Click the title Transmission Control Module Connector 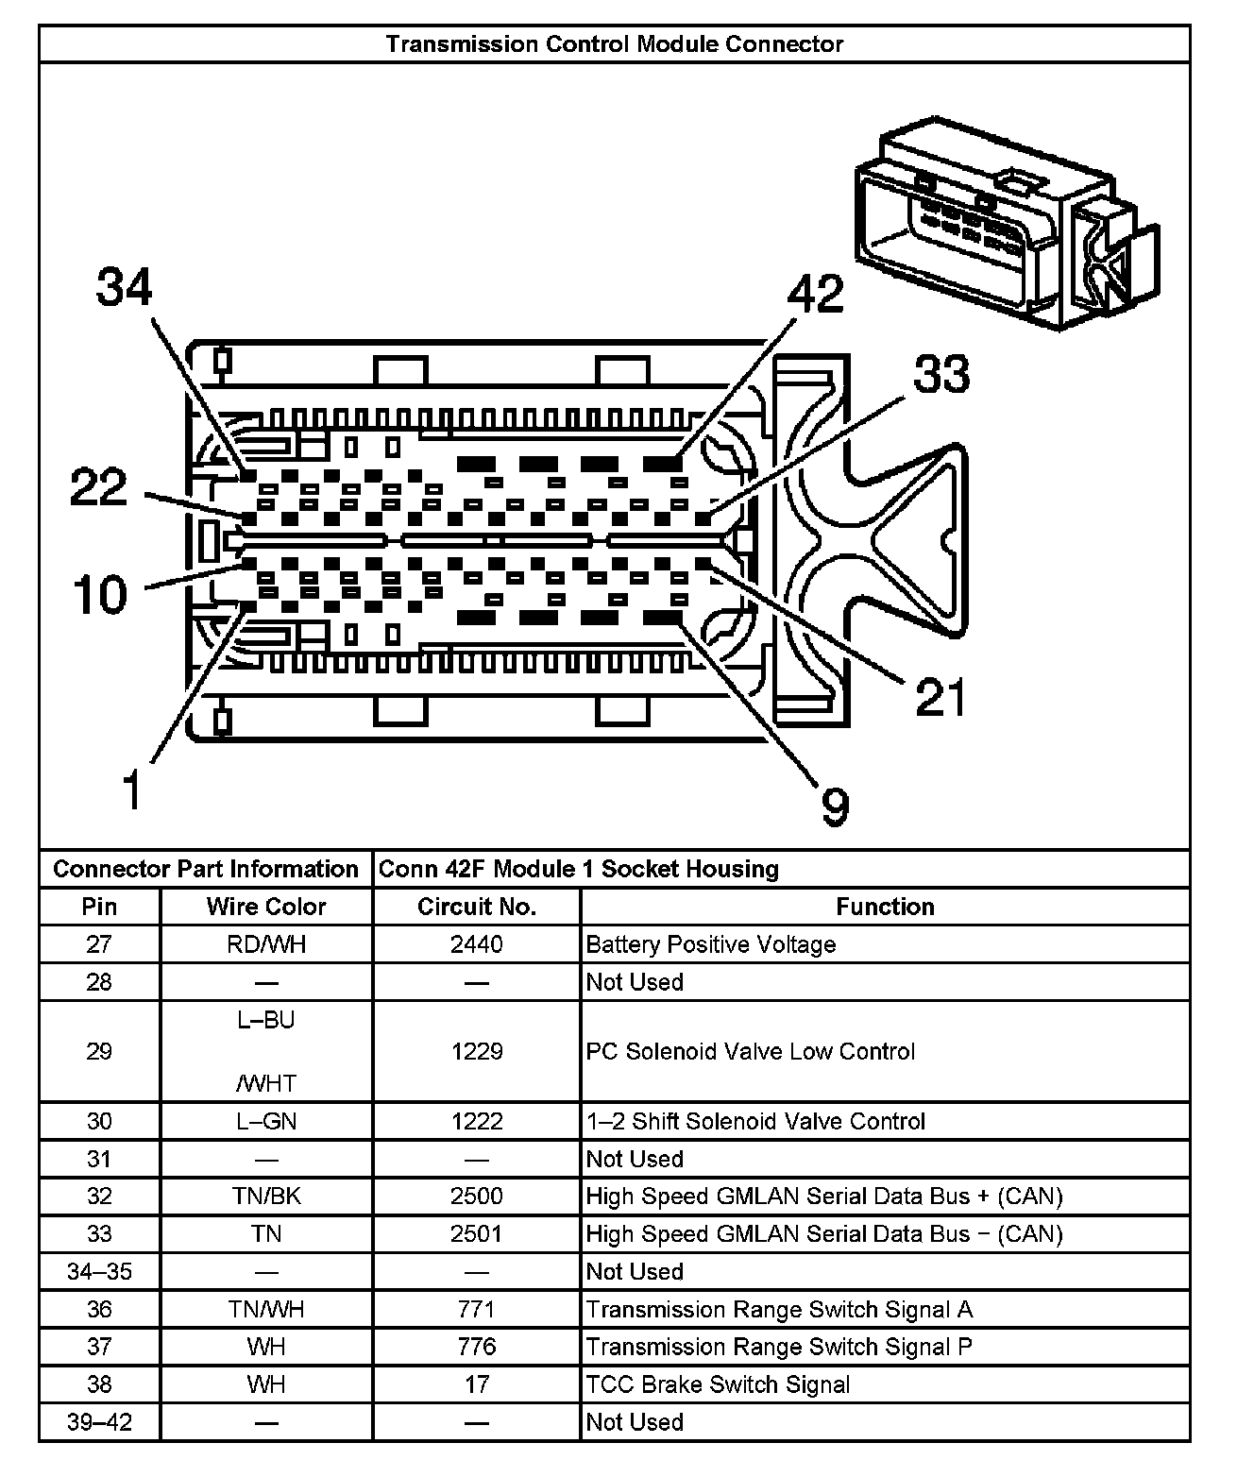(614, 44)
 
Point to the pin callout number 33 (941, 374)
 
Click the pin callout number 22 (98, 487)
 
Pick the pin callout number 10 (100, 595)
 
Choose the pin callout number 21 (941, 698)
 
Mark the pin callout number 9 (835, 806)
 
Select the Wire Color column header (266, 907)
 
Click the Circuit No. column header (476, 907)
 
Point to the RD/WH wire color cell (266, 944)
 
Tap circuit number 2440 (476, 944)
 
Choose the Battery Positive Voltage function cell (710, 944)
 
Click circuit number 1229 (476, 1051)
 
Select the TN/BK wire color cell (266, 1197)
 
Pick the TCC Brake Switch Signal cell (718, 1384)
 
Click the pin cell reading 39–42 (99, 1422)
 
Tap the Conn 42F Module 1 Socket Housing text (578, 869)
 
